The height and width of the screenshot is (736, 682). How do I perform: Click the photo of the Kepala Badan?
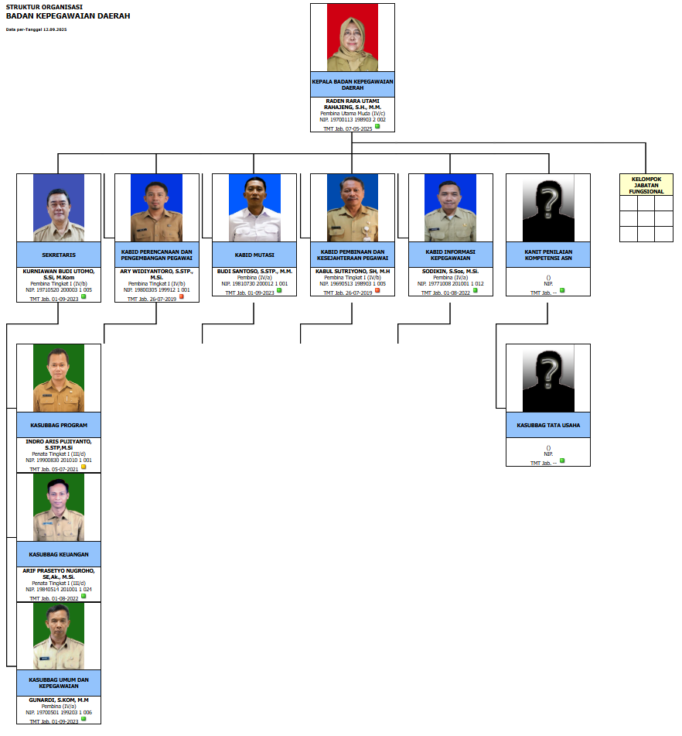[352, 38]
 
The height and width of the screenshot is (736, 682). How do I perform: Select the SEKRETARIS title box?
[59, 255]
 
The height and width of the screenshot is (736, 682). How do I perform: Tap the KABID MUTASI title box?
[254, 255]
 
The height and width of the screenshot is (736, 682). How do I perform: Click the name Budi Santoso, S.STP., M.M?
[254, 272]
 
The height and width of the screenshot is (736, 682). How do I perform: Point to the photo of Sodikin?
[450, 207]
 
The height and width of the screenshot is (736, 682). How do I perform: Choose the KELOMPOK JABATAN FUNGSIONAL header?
[646, 184]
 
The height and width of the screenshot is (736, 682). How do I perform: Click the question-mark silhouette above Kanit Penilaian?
[548, 207]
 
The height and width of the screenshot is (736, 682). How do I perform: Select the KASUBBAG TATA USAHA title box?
[548, 425]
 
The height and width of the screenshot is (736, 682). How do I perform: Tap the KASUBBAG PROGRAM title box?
[59, 425]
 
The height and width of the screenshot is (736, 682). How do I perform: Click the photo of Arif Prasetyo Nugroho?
[59, 507]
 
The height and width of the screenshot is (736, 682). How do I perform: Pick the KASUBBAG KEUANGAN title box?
[59, 554]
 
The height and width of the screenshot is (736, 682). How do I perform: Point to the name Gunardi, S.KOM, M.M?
[59, 700]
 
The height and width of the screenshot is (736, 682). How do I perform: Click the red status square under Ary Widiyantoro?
[182, 296]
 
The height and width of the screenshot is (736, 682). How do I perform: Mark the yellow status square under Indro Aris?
[84, 467]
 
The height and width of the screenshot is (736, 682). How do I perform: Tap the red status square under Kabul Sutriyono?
[377, 291]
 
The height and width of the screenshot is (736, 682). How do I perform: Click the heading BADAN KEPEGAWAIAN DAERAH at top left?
[68, 15]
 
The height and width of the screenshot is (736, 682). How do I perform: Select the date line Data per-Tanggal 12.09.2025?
[36, 29]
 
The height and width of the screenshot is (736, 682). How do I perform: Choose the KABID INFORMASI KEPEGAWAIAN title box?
[450, 255]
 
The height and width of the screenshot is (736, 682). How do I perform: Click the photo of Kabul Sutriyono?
[352, 207]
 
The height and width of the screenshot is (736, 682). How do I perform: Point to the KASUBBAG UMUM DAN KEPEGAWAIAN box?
[59, 683]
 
